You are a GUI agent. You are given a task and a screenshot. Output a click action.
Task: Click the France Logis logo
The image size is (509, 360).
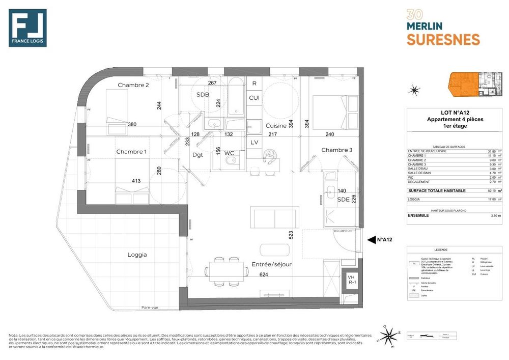[27, 28]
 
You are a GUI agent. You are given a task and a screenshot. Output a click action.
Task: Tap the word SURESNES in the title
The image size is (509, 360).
[443, 39]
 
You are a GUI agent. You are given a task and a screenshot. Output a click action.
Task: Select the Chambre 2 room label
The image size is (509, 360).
[133, 85]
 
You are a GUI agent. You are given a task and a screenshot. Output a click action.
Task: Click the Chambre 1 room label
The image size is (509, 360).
[131, 152]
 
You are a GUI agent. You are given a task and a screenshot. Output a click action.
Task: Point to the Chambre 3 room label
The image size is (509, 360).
[336, 150]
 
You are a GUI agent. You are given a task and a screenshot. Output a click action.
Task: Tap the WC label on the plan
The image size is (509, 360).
[229, 153]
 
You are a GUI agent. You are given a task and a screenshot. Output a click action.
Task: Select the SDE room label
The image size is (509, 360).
[344, 200]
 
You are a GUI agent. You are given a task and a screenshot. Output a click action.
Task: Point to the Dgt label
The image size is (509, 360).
[197, 155]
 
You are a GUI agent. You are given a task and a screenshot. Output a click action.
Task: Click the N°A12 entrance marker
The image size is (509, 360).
[384, 239]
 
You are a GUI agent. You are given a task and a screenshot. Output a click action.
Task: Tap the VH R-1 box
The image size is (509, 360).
[351, 279]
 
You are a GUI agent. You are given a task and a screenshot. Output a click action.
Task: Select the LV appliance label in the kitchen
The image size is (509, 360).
[254, 142]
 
